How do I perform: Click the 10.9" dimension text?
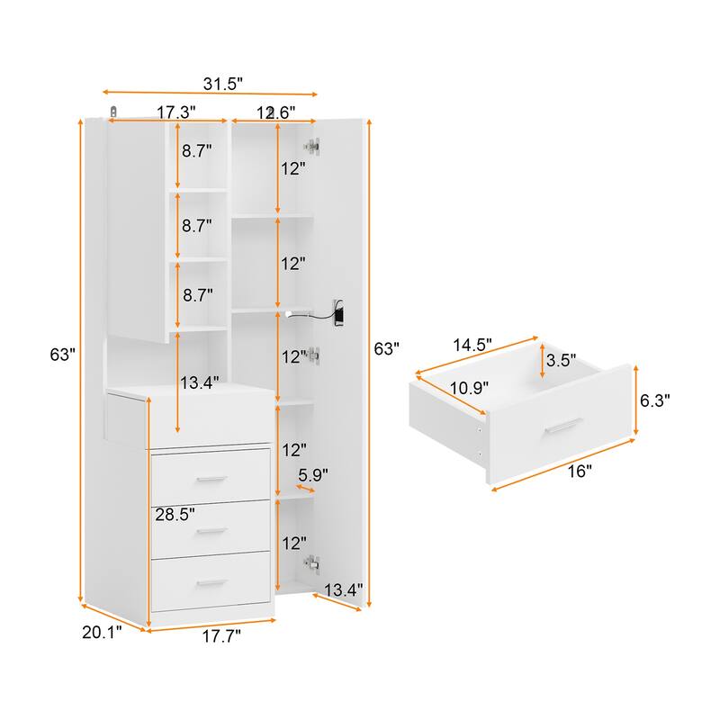pyautogui.click(x=469, y=388)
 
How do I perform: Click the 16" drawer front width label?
pyautogui.click(x=580, y=471)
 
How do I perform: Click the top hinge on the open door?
pyautogui.click(x=312, y=143)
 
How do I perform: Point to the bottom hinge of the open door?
pyautogui.click(x=312, y=562)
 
